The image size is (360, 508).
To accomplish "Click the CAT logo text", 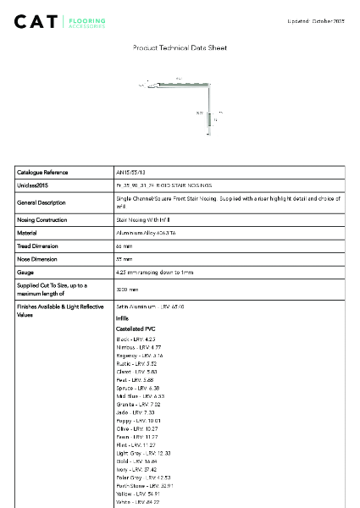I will pos(36,21).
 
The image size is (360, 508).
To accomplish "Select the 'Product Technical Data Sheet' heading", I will pos(180,50).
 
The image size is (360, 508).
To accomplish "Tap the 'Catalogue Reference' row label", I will pos(42,172).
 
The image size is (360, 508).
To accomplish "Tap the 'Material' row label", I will pos(28,232).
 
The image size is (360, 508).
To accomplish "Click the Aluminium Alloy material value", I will pos(146,232).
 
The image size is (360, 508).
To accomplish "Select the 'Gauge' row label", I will pos(26,272).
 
